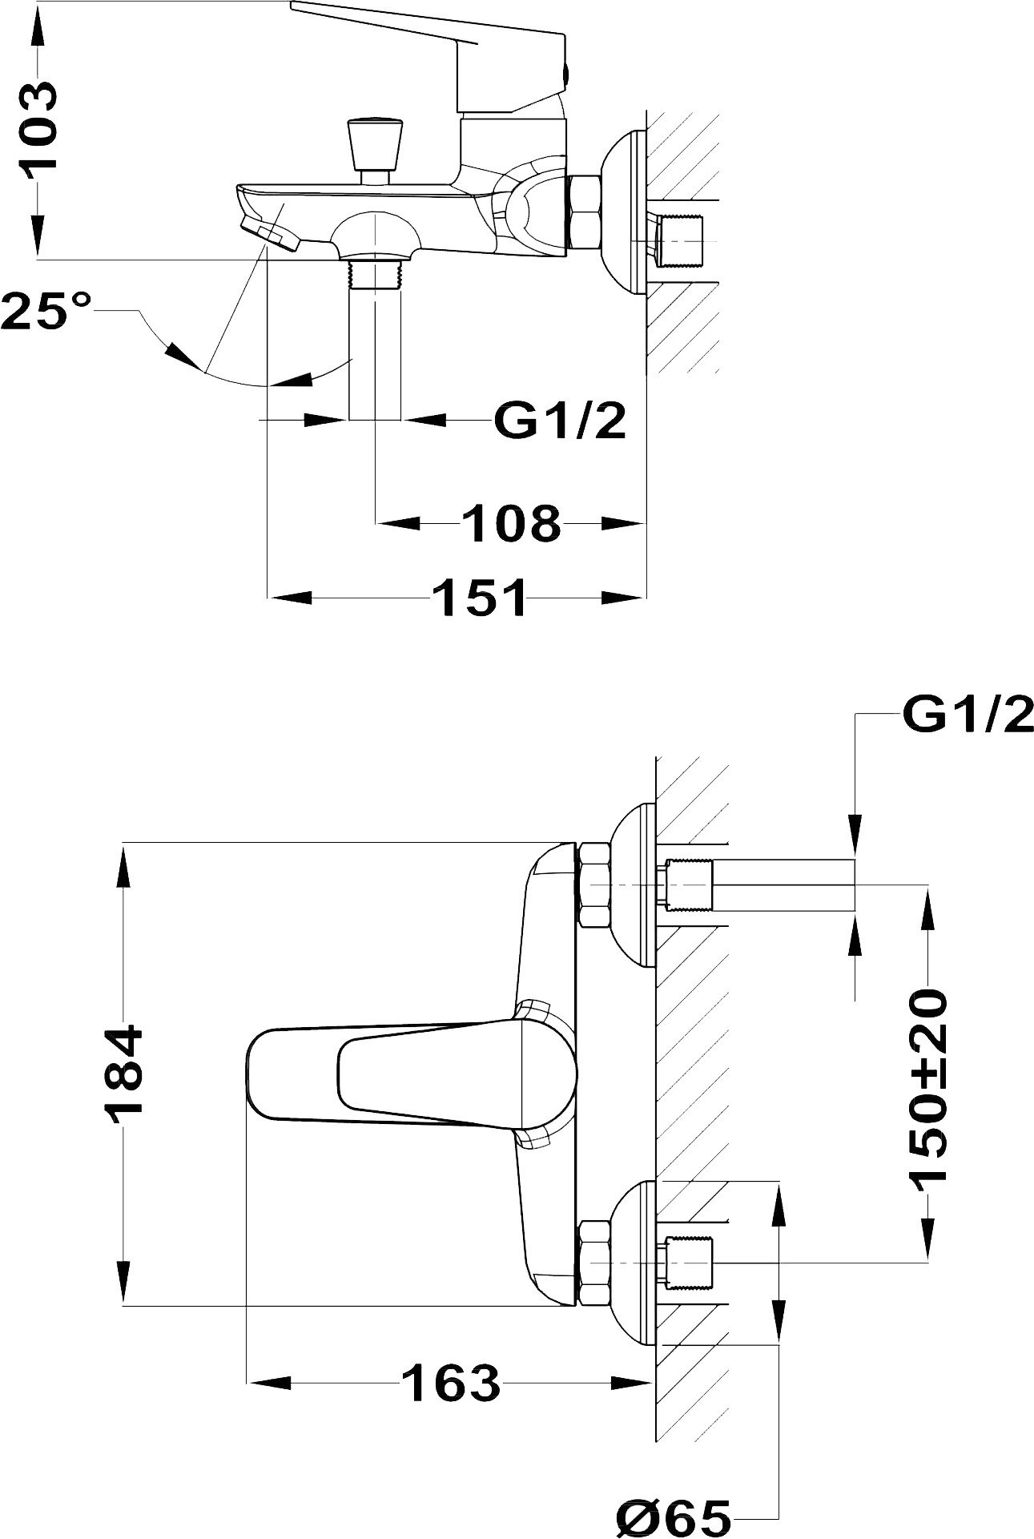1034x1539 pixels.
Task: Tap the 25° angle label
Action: coord(46,310)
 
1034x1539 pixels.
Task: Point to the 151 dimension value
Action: coord(479,596)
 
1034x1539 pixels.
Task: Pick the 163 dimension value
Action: coord(451,1383)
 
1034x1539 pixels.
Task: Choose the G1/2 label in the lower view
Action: coord(968,715)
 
